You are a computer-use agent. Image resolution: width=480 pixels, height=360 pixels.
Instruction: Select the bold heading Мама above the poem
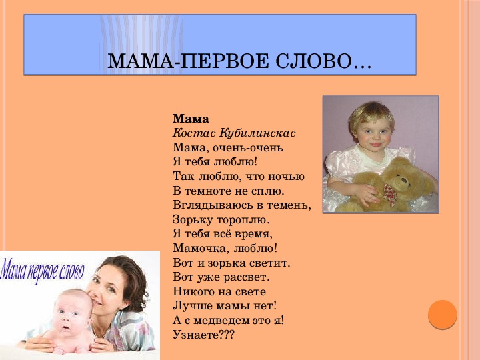pyautogui.click(x=191, y=119)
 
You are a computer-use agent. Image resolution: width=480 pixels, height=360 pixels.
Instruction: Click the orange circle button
pyautogui.click(x=443, y=315)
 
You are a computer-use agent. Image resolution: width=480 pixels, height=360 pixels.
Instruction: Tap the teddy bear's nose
pyautogui.click(x=404, y=180)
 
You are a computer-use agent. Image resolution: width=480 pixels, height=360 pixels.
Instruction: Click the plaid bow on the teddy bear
pyautogui.click(x=390, y=194)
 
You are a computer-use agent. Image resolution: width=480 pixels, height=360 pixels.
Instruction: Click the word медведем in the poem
pyautogui.click(x=221, y=320)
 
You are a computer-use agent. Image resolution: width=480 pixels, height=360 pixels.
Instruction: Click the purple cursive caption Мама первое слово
pyautogui.click(x=42, y=271)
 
